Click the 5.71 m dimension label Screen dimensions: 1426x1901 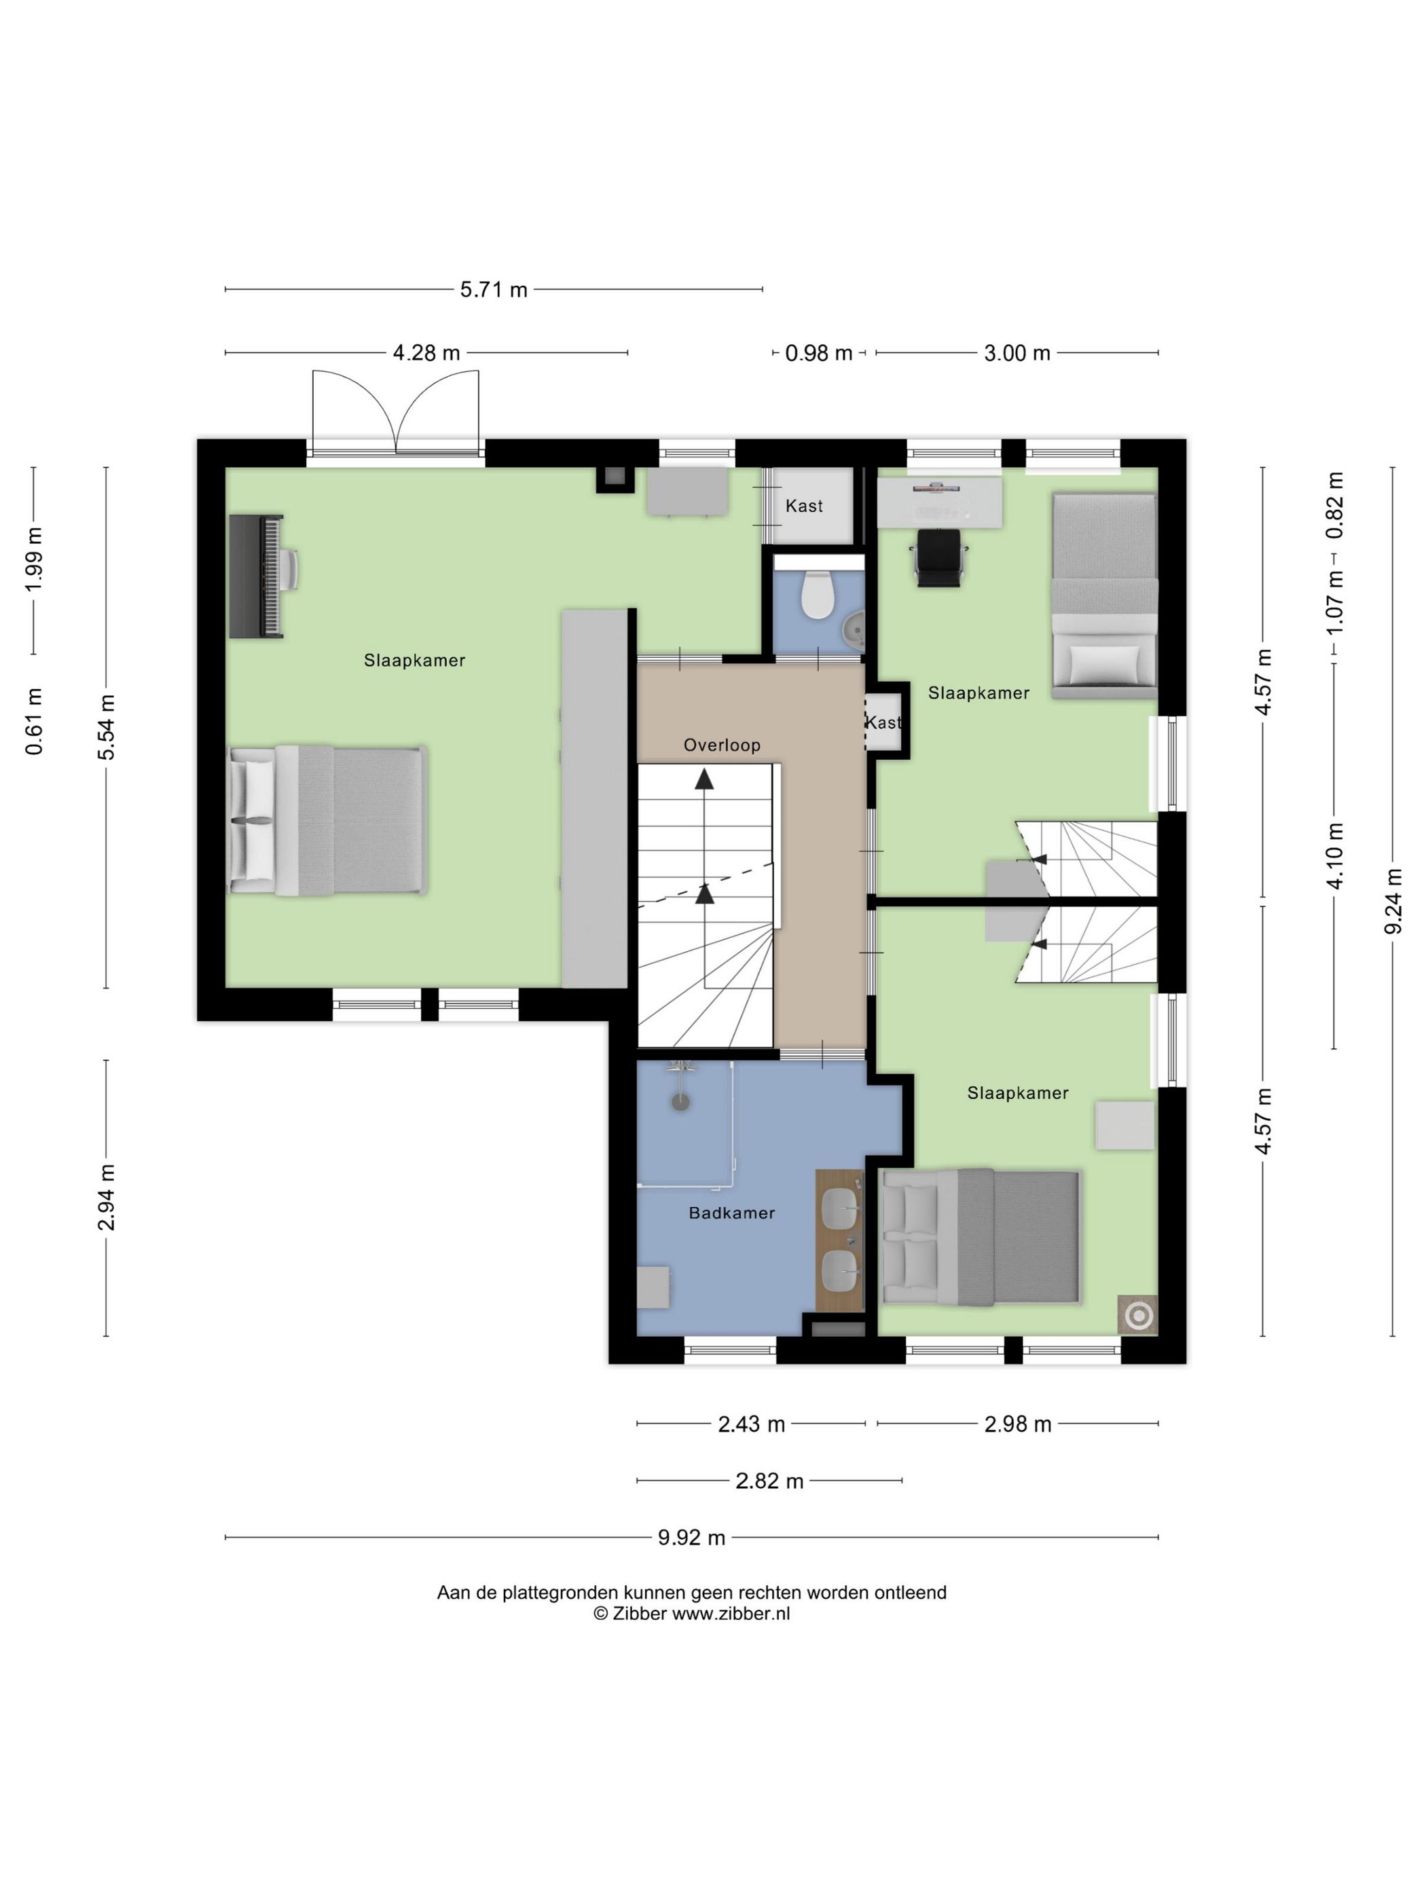point(494,290)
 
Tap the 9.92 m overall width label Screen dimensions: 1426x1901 point(691,1538)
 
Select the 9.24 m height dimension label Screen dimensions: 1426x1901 point(1393,901)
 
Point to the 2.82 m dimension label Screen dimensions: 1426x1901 point(769,1481)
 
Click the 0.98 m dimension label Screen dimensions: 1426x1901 point(818,353)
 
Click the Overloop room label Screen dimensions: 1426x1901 point(722,745)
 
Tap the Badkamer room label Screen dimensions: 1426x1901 point(731,1213)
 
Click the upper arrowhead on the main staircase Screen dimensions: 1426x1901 point(704,779)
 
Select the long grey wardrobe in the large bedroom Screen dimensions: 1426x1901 point(594,798)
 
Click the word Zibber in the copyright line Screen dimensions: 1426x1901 point(639,1613)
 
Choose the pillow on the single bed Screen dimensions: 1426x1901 point(1103,661)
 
